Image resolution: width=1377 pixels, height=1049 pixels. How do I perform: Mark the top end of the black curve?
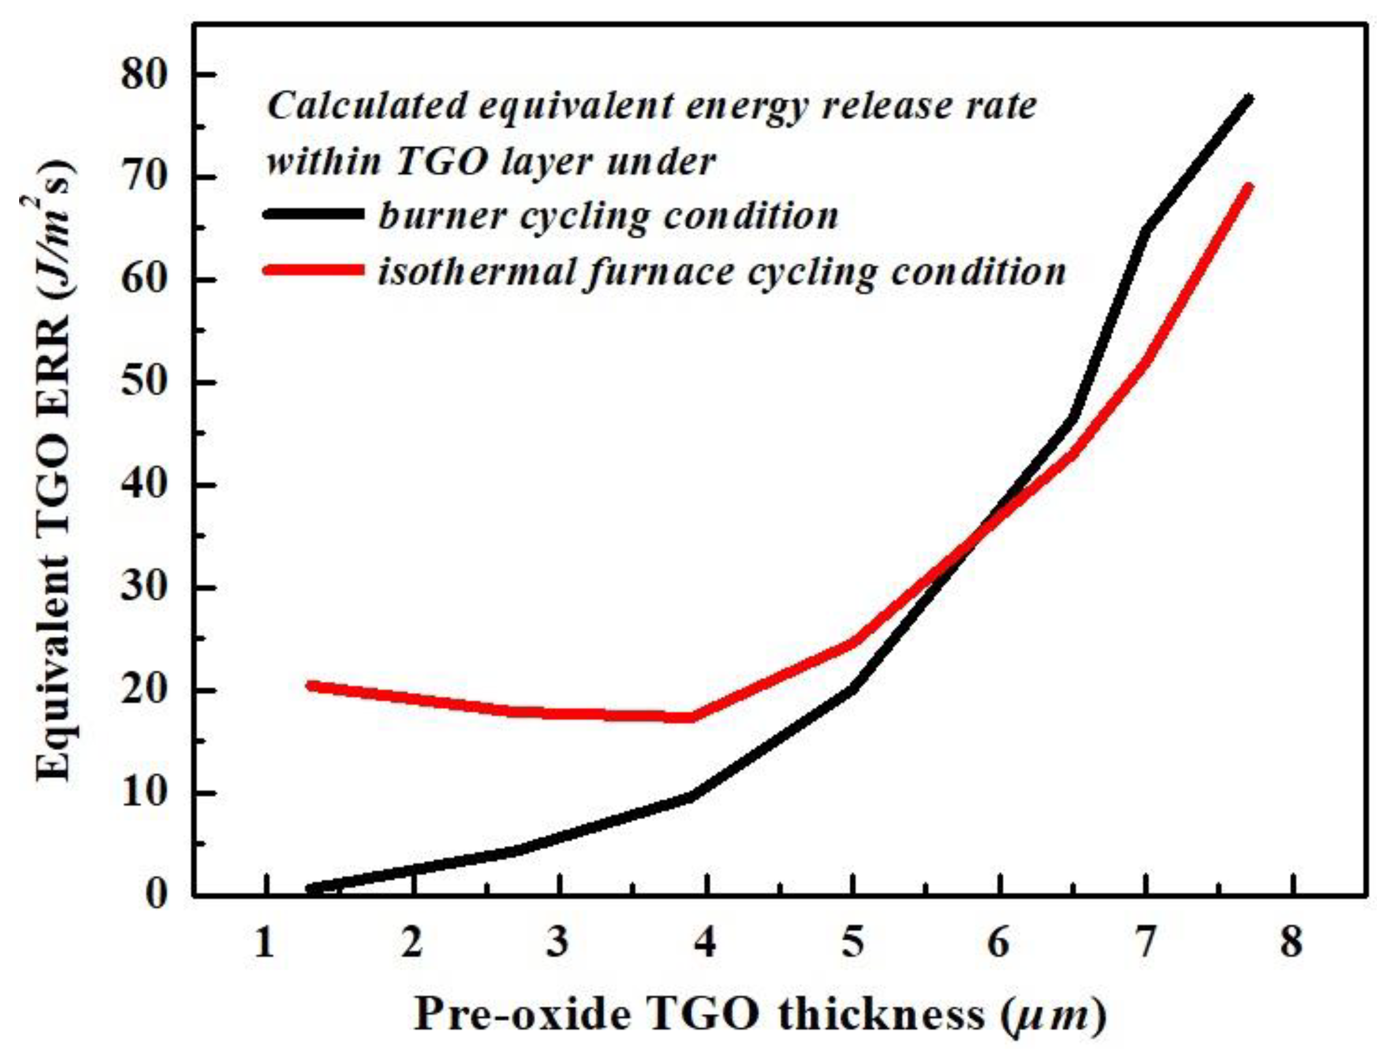pos(1249,98)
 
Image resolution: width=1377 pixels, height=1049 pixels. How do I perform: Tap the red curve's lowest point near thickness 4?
pos(690,717)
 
